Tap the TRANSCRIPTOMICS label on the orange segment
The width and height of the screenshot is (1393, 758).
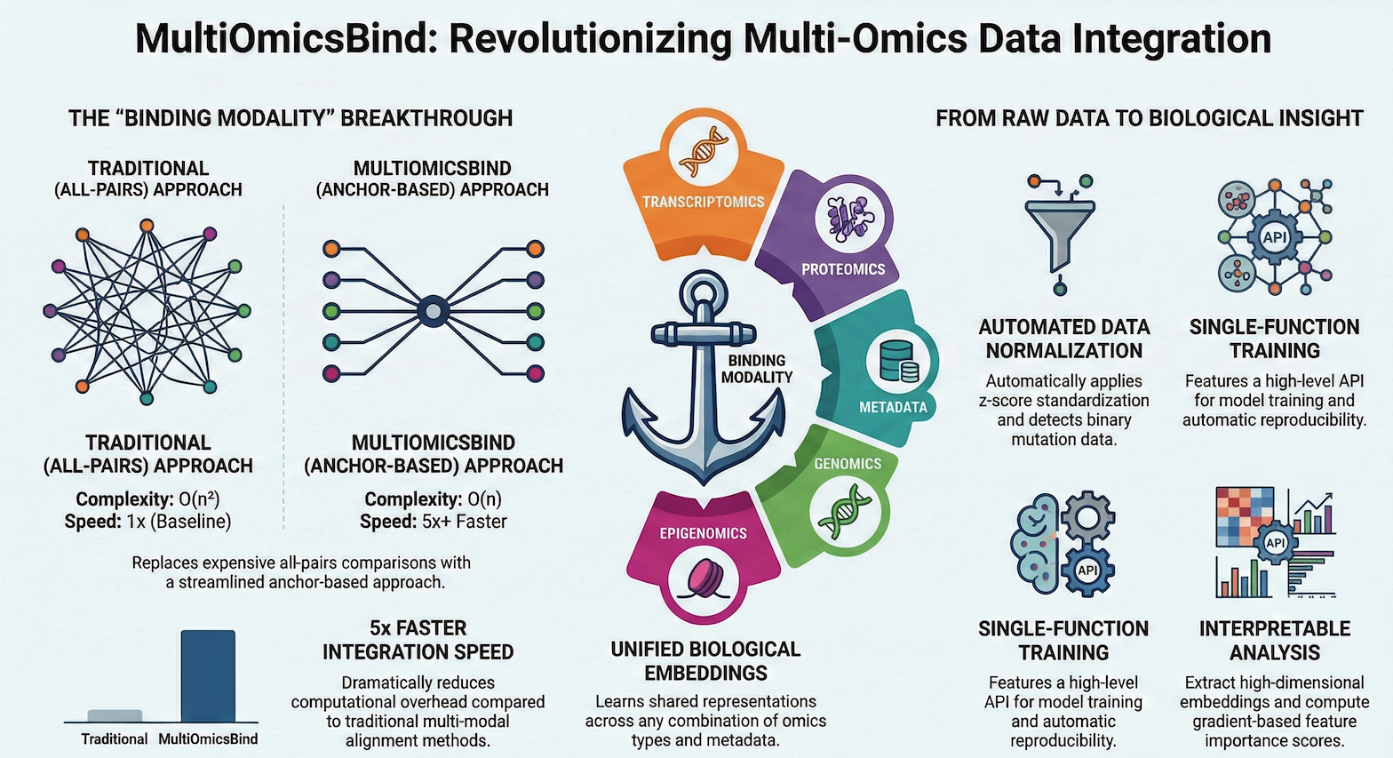704,202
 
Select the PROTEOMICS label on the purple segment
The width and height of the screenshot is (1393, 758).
843,269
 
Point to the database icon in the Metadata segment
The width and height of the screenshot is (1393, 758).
897,362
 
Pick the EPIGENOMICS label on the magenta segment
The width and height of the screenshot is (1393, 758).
703,533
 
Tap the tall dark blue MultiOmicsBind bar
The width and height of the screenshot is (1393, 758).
208,675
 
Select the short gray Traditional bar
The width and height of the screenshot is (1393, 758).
115,715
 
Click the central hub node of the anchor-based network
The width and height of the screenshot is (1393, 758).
433,311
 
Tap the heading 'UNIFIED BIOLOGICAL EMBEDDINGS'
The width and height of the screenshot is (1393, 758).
705,661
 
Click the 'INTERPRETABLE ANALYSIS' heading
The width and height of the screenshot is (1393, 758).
1274,640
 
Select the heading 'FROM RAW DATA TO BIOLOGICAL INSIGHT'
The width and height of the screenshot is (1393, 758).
1149,118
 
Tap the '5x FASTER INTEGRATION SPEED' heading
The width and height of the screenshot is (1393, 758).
418,640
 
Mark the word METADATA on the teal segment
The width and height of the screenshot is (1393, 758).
893,407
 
